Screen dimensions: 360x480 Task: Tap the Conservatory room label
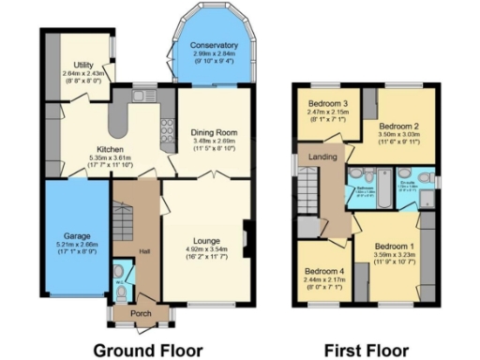pyautogui.click(x=213, y=46)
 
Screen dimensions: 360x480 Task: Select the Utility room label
pyautogui.click(x=75, y=66)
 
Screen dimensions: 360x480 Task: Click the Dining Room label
pyautogui.click(x=213, y=132)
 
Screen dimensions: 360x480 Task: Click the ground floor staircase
pyautogui.click(x=124, y=220)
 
